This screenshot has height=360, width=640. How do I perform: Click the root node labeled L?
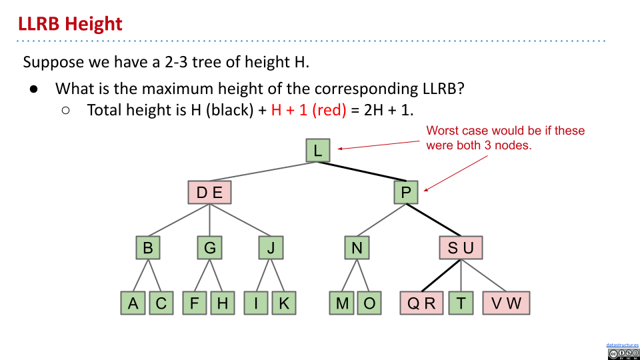point(317,150)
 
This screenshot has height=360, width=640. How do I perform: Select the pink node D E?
point(209,193)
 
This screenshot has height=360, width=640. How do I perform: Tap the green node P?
point(406,193)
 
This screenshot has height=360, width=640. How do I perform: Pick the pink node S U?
point(461,248)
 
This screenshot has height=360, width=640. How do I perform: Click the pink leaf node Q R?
point(421,303)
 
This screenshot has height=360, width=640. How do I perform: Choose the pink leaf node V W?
point(507,303)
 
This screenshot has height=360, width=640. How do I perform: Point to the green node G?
point(210,248)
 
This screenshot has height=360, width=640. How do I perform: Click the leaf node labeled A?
point(133,303)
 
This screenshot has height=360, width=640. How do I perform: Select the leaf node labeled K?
point(283,303)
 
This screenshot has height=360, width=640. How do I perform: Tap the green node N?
point(357,248)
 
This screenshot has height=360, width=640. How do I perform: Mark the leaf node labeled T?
point(461,303)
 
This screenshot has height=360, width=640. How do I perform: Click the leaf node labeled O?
point(369,303)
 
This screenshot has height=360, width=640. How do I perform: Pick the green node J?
point(271,248)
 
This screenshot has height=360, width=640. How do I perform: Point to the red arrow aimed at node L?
point(380,145)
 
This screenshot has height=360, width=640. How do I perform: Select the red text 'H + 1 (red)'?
point(309,110)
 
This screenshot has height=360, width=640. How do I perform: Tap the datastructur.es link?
point(623,345)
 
